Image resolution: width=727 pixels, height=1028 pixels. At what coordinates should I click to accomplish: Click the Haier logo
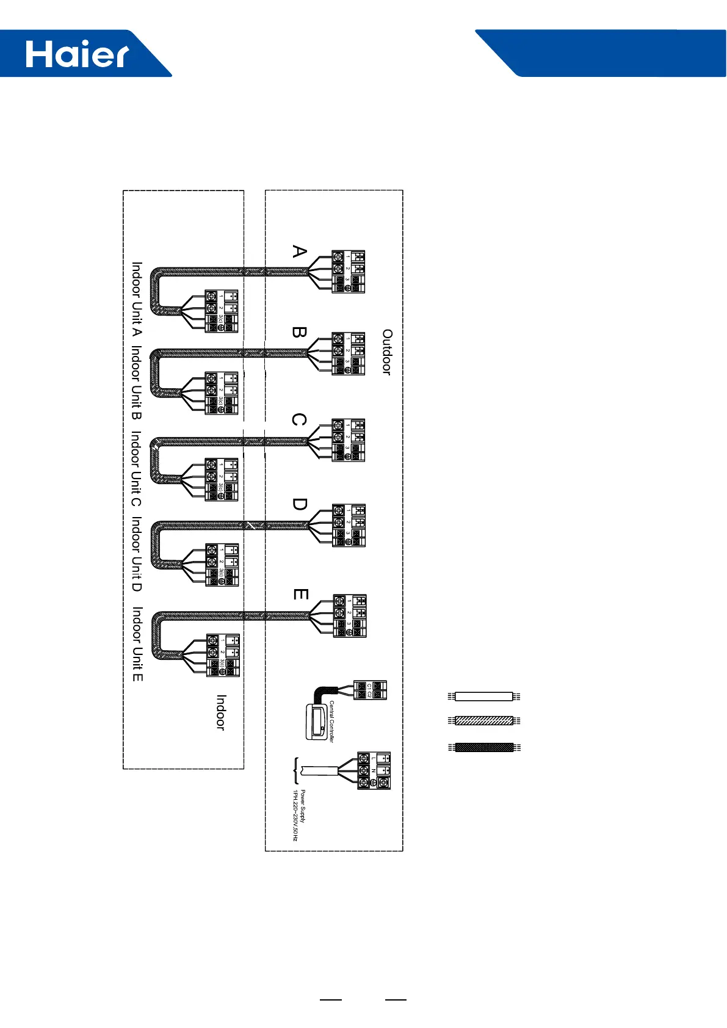click(77, 54)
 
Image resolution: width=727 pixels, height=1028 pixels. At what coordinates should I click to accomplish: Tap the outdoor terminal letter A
click(299, 252)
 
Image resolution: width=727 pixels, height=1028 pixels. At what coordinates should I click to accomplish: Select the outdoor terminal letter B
click(299, 333)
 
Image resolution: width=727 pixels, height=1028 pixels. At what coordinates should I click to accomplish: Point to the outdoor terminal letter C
click(299, 420)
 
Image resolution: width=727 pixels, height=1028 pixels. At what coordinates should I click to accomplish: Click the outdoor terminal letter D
click(299, 504)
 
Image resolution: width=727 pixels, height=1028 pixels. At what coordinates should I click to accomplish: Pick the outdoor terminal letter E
click(300, 594)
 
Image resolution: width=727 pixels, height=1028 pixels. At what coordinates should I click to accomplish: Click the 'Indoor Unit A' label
click(137, 299)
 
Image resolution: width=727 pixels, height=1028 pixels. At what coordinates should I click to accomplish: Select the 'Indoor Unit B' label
click(137, 383)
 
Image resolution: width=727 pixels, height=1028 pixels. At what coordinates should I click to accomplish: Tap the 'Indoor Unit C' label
click(137, 469)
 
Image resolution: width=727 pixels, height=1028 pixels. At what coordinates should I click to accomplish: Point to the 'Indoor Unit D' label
click(137, 554)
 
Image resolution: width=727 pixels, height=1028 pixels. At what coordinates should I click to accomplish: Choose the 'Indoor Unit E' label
click(138, 644)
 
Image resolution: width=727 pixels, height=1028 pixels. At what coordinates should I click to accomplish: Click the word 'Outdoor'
click(387, 352)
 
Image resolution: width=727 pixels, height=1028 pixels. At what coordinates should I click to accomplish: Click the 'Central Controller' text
click(332, 721)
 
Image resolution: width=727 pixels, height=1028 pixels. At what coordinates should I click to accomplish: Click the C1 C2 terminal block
click(371, 690)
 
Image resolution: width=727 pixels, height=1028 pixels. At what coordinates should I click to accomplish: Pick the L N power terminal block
click(374, 771)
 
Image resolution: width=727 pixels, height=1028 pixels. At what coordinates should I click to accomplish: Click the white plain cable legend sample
click(483, 697)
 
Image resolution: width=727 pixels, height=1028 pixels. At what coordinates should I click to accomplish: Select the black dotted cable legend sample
click(483, 747)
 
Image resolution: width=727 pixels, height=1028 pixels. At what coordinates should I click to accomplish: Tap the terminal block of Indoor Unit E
click(223, 655)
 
